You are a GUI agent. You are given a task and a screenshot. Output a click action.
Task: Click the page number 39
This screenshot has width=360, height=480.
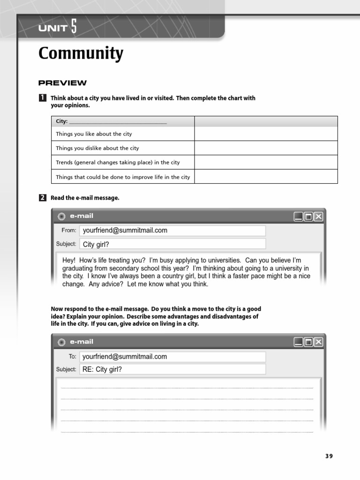click(329, 456)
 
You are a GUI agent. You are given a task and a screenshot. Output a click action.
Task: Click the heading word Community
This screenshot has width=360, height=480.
click(81, 53)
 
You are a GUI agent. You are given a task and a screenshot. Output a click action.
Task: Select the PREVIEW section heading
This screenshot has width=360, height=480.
click(62, 83)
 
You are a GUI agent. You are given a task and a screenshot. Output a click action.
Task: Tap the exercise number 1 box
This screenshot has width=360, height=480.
click(42, 98)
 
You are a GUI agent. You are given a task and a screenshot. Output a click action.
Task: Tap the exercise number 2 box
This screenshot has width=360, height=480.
click(42, 198)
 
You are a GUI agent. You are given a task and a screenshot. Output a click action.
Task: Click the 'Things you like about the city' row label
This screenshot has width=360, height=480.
click(94, 134)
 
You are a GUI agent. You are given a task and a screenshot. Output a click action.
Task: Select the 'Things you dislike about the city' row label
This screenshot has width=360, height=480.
click(97, 148)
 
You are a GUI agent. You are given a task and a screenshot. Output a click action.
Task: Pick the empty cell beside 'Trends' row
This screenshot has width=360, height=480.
click(266, 162)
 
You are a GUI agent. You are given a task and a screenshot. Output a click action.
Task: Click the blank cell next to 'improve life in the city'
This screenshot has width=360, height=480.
click(266, 177)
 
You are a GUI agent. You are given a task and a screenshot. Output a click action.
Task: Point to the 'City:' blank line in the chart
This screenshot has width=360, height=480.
click(118, 122)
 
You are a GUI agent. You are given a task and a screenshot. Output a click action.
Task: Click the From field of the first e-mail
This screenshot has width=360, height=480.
click(172, 231)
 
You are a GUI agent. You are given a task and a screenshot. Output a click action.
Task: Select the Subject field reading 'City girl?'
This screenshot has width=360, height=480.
click(172, 244)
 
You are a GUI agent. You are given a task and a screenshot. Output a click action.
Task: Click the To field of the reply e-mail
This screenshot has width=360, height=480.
click(172, 357)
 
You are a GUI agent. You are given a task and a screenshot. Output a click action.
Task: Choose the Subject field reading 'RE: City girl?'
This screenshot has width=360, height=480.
click(172, 369)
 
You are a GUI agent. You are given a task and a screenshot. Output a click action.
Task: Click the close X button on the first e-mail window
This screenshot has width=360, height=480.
click(319, 216)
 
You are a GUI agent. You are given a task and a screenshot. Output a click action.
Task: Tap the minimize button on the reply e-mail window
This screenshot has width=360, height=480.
click(298, 342)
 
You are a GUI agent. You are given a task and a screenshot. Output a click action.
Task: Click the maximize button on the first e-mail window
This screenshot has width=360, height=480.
click(308, 216)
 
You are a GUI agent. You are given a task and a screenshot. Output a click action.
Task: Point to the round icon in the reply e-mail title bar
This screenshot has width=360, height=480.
click(61, 343)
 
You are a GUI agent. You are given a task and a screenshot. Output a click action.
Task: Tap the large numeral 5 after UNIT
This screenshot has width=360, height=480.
click(74, 28)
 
